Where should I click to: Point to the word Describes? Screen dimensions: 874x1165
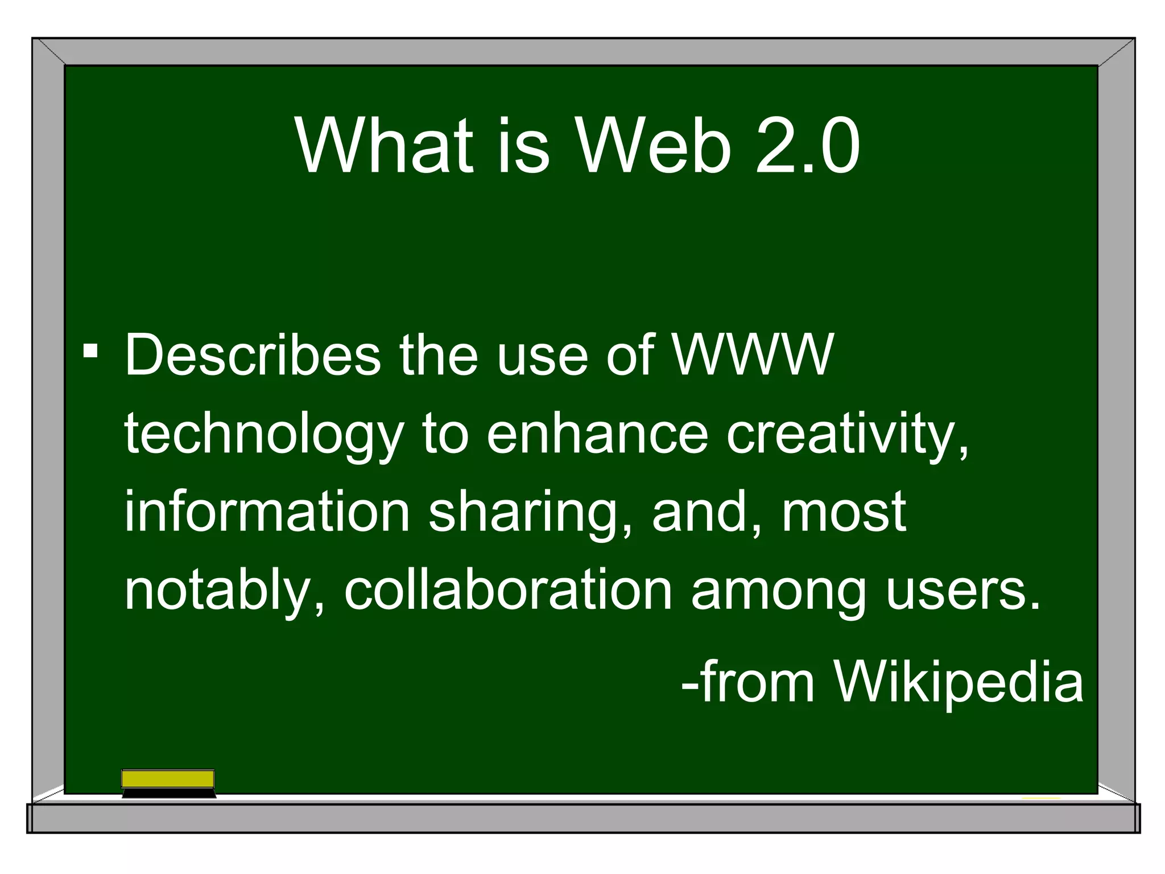[253, 355]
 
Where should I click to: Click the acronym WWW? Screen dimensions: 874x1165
[752, 355]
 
